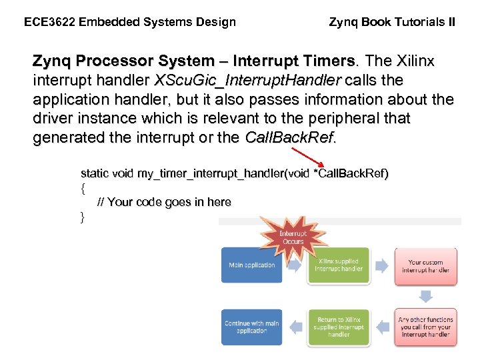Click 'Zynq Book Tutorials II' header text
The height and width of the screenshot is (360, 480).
392,22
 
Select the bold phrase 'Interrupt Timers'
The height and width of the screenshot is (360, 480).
301,61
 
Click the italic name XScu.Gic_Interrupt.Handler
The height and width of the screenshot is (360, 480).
247,81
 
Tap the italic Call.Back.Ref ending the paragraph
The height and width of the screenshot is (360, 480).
291,139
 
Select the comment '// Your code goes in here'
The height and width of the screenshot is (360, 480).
164,202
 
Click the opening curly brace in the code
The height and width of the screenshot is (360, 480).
83,188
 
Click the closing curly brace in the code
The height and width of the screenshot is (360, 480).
83,216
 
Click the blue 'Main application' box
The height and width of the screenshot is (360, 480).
251,265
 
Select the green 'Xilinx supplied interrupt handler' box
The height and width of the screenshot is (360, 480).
338,265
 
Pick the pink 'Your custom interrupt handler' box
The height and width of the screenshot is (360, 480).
425,265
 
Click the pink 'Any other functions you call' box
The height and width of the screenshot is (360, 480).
425,327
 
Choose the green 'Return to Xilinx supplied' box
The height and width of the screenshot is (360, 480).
338,327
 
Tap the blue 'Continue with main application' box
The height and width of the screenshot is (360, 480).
251,327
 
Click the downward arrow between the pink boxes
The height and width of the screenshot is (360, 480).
425,295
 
